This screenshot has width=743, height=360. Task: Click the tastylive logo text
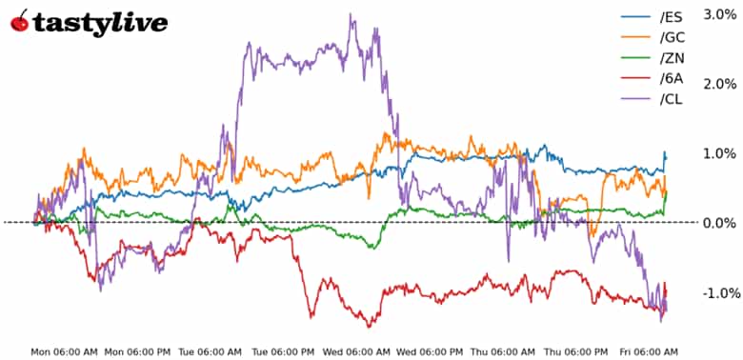(100, 23)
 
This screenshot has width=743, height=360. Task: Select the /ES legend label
(672, 17)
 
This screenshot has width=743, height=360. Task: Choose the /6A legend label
(672, 80)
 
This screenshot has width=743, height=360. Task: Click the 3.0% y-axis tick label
(719, 14)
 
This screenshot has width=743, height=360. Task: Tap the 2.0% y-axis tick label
(719, 84)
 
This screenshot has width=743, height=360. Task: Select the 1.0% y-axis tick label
(719, 153)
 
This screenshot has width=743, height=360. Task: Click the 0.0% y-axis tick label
(719, 223)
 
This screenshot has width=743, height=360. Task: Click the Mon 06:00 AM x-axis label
(64, 351)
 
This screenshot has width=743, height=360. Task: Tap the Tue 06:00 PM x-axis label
(285, 351)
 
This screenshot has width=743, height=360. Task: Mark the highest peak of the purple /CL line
(351, 14)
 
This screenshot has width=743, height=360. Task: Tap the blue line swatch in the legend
(634, 17)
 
